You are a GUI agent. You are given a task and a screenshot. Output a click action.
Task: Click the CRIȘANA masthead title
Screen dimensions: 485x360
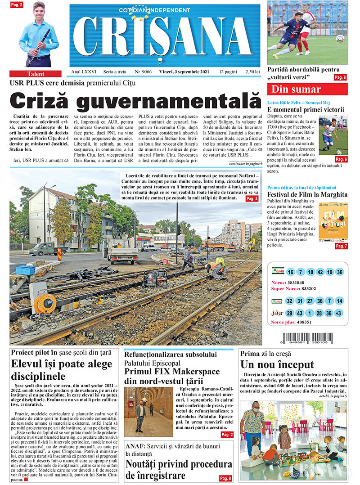click(x=165, y=38)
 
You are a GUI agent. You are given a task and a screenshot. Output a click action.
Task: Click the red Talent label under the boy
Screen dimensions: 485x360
click(x=35, y=74)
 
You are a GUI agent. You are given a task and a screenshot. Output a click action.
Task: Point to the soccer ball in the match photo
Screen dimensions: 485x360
click(x=340, y=38)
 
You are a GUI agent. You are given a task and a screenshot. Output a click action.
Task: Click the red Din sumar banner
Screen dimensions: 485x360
click(x=307, y=89)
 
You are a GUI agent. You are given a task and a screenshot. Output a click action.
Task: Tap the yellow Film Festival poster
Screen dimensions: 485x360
click(x=333, y=222)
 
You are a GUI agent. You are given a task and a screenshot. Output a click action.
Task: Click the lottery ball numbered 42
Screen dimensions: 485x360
click(x=319, y=272)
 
